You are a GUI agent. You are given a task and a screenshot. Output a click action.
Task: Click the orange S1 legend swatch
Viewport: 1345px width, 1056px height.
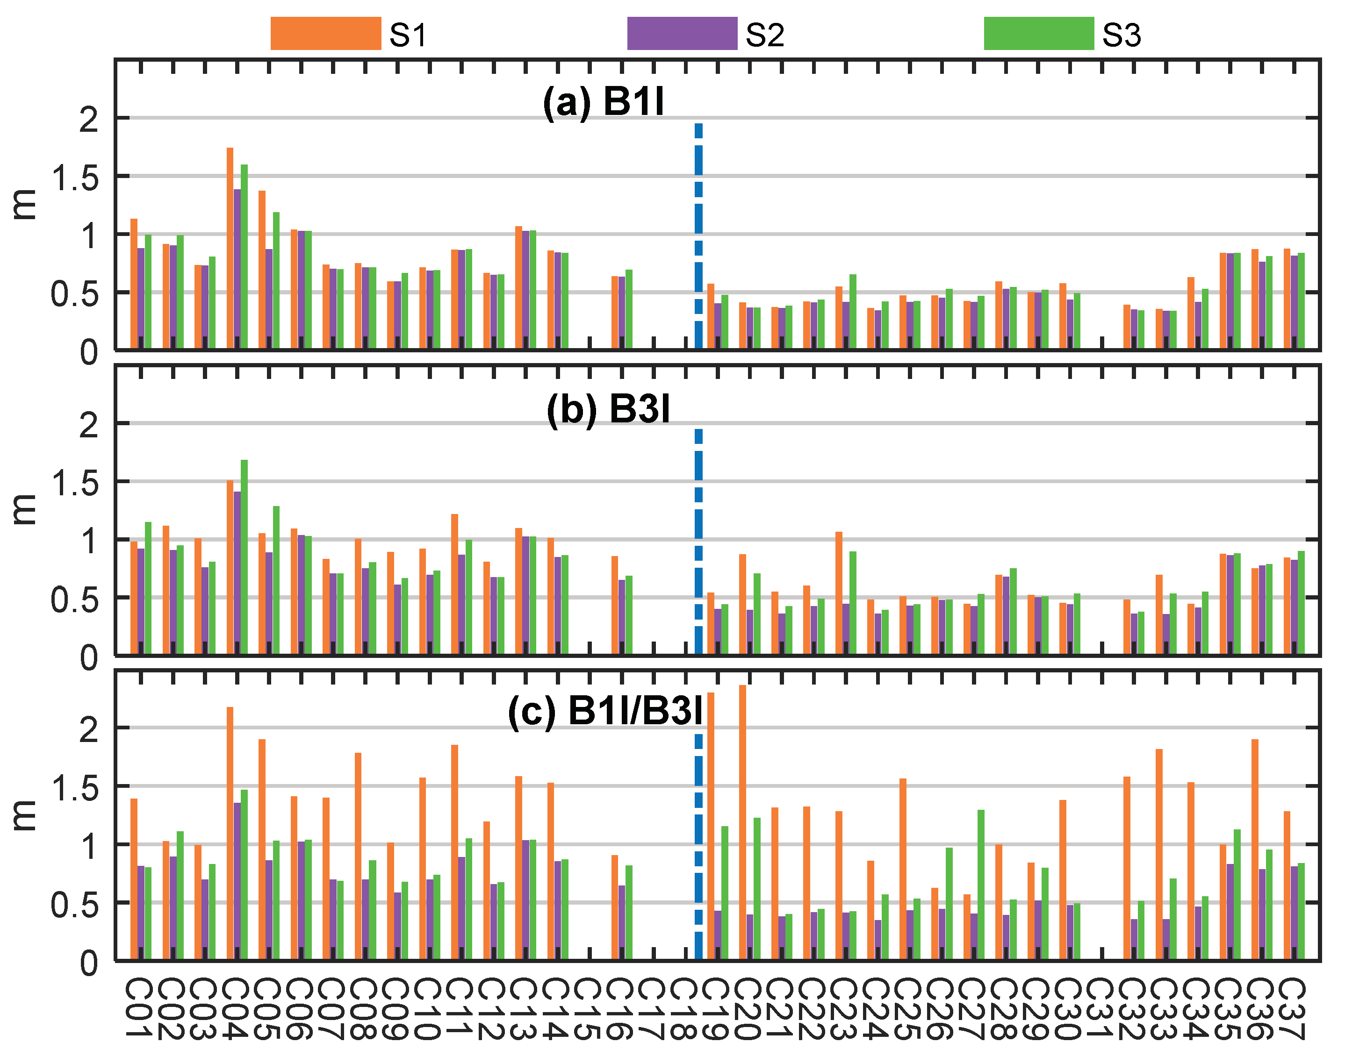[325, 33]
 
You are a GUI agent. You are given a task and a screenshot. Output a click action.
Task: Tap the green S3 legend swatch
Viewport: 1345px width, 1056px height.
[1039, 33]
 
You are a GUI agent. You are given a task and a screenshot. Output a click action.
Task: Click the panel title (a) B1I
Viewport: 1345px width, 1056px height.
[603, 101]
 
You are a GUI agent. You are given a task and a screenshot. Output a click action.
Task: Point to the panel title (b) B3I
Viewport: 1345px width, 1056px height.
[608, 409]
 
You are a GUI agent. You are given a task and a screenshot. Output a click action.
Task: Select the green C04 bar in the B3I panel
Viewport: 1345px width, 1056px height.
[245, 557]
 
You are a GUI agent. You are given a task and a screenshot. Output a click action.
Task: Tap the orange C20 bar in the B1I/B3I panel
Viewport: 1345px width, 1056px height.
[742, 822]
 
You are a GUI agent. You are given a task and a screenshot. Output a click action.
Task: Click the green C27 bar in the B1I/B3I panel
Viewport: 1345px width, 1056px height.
[981, 884]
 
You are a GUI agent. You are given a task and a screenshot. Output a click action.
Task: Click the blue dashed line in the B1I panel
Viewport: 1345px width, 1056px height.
[698, 235]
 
